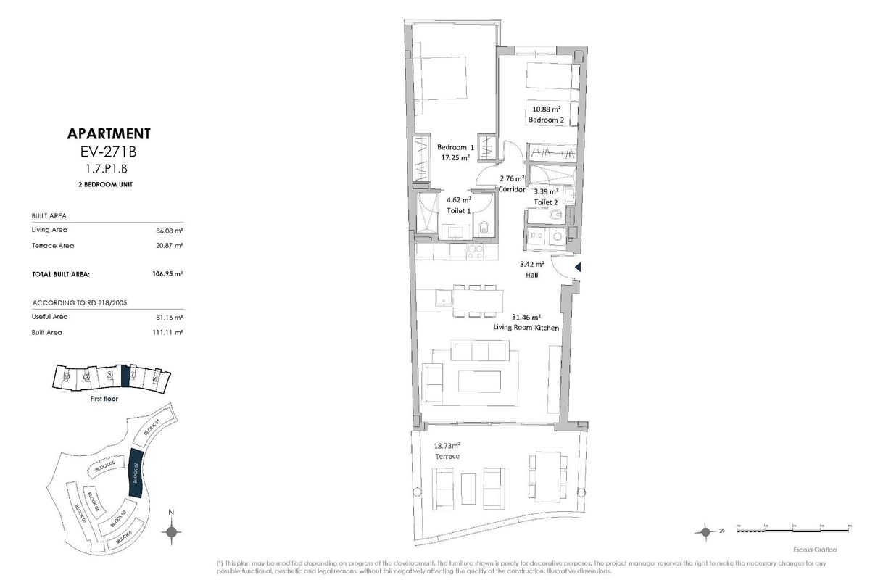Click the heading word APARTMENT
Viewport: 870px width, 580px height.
point(109,133)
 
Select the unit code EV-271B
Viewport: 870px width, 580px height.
point(109,152)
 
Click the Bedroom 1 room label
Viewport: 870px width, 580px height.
point(455,147)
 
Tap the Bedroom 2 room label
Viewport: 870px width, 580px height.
point(547,119)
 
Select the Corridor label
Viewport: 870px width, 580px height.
point(512,189)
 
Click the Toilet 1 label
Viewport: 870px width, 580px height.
point(459,210)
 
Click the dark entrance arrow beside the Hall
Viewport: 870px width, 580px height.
point(577,268)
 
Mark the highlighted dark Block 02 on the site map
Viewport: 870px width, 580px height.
point(136,473)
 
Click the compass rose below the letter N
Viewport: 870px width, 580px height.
point(172,533)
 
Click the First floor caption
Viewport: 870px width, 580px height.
point(104,399)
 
